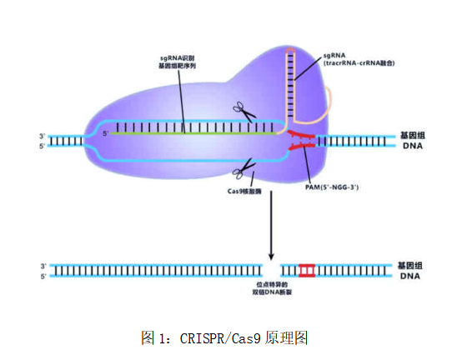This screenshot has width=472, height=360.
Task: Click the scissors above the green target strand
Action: [242, 112]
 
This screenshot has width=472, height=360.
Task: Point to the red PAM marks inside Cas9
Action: [302, 141]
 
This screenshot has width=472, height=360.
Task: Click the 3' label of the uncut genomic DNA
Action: [42, 135]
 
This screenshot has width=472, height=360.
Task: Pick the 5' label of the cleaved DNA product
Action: [43, 276]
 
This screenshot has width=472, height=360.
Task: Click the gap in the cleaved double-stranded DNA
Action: [271, 270]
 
